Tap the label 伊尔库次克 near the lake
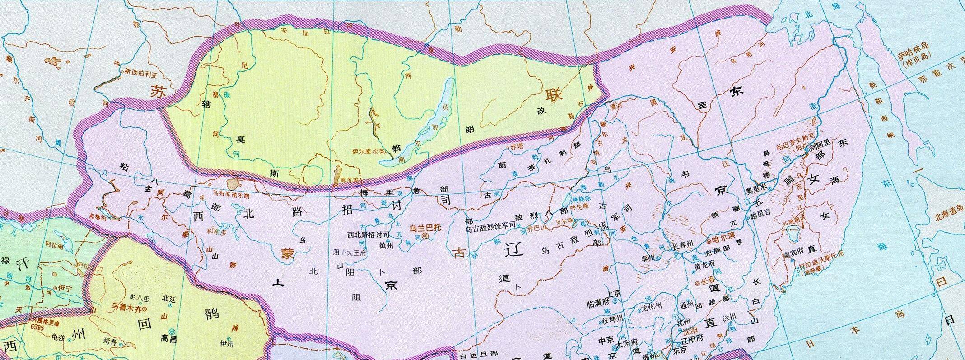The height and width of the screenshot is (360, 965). pyautogui.click(x=368, y=152)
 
